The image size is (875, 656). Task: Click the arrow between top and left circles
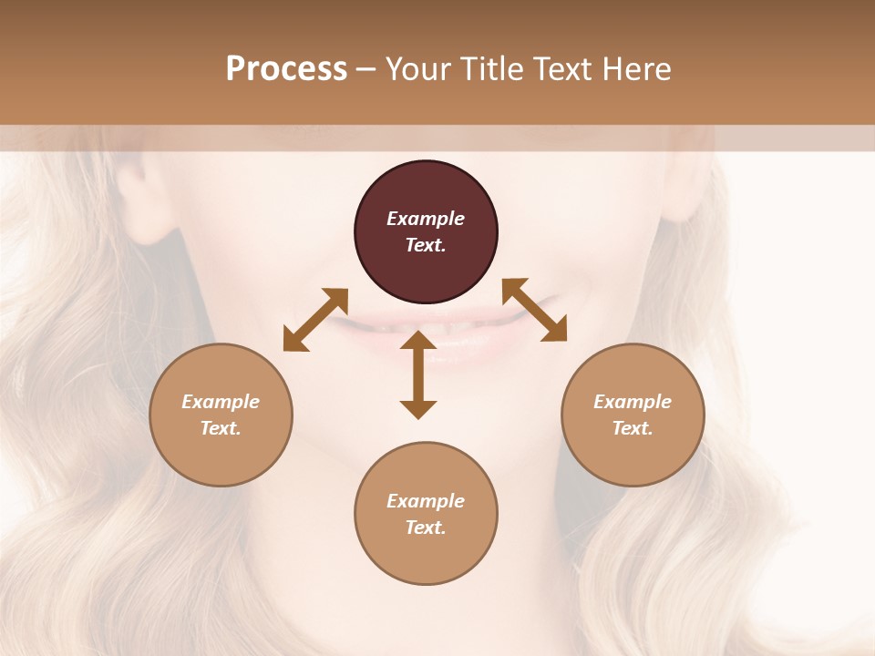pyautogui.click(x=315, y=320)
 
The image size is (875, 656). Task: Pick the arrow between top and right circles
pyautogui.click(x=534, y=310)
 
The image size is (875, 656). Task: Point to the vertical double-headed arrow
pyautogui.click(x=418, y=374)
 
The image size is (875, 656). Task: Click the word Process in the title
pyautogui.click(x=286, y=69)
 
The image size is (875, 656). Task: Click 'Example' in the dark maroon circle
pyautogui.click(x=426, y=219)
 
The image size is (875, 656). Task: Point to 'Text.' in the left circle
pyautogui.click(x=221, y=428)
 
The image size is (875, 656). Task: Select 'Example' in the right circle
pyautogui.click(x=633, y=402)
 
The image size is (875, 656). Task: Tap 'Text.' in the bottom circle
pyautogui.click(x=426, y=528)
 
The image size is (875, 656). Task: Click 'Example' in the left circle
pyautogui.click(x=221, y=402)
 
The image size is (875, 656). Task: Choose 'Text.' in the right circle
pyautogui.click(x=633, y=428)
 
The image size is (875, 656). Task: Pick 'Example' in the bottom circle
pyautogui.click(x=426, y=501)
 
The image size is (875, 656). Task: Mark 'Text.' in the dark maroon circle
pyautogui.click(x=426, y=245)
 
